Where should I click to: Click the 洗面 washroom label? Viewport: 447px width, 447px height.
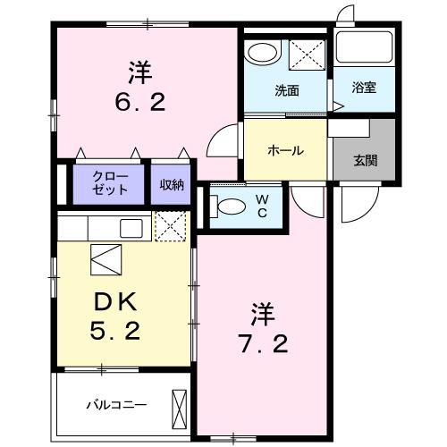[x=286, y=90]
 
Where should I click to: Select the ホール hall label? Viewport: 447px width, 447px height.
[x=286, y=150]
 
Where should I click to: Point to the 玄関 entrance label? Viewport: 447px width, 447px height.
[x=365, y=161]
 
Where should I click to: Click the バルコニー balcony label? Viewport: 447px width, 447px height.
[x=116, y=403]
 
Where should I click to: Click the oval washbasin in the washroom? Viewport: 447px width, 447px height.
[x=262, y=52]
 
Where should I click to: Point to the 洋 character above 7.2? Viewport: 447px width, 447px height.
[x=261, y=313]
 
